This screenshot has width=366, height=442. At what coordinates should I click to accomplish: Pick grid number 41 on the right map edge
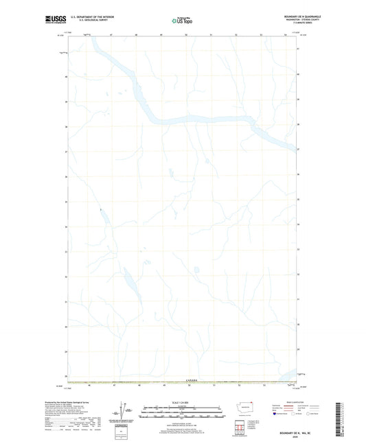point(298,49)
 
